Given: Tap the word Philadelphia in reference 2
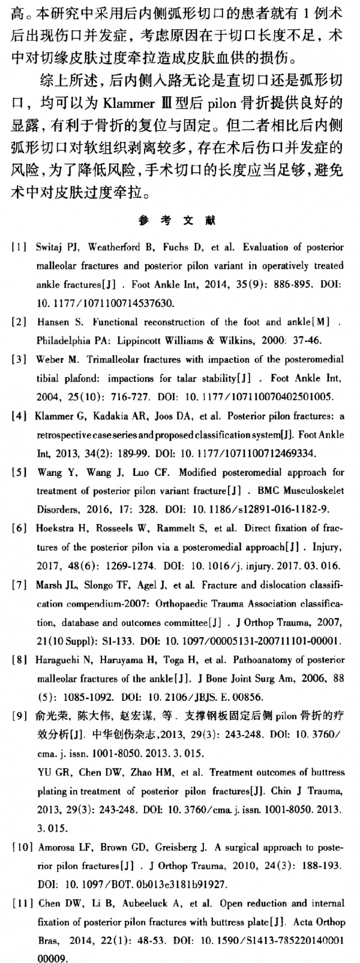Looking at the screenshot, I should [x=64, y=340].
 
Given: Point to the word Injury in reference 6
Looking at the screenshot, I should [x=327, y=547].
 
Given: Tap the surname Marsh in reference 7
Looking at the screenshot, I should [x=49, y=585].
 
